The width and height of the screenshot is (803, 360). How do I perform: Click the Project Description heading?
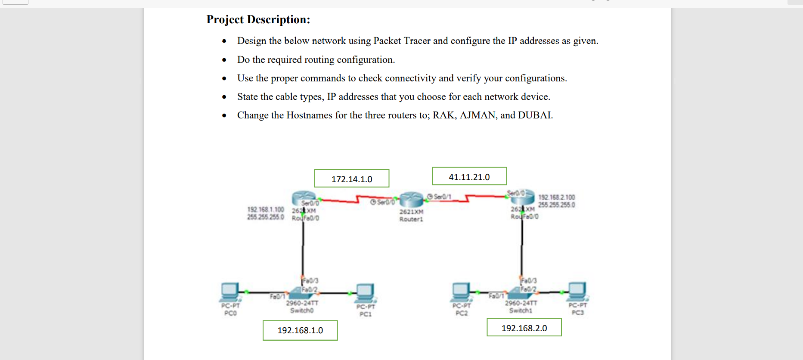point(258,20)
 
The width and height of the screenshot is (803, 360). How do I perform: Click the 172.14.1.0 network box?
point(352,179)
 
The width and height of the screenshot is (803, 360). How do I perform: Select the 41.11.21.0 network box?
point(469,177)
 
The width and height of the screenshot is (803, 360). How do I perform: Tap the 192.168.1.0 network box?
point(300,330)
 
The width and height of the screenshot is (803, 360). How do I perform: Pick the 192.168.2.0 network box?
point(524,328)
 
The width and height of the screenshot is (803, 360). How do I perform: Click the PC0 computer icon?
point(229,292)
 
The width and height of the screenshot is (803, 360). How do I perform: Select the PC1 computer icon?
point(365,293)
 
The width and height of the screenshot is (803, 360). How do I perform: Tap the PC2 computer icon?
point(461,292)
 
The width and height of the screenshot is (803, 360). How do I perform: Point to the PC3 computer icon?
point(577,292)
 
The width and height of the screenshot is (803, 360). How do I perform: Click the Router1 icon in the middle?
point(411,200)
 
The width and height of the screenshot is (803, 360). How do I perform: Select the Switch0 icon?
point(301,293)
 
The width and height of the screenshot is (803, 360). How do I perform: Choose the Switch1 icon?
point(520,293)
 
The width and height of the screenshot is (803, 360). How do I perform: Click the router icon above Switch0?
point(303,199)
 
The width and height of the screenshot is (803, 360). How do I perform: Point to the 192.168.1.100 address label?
point(265,209)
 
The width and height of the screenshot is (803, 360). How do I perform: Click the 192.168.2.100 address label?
point(556,197)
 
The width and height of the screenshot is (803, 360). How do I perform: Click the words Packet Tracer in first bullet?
point(402,41)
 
